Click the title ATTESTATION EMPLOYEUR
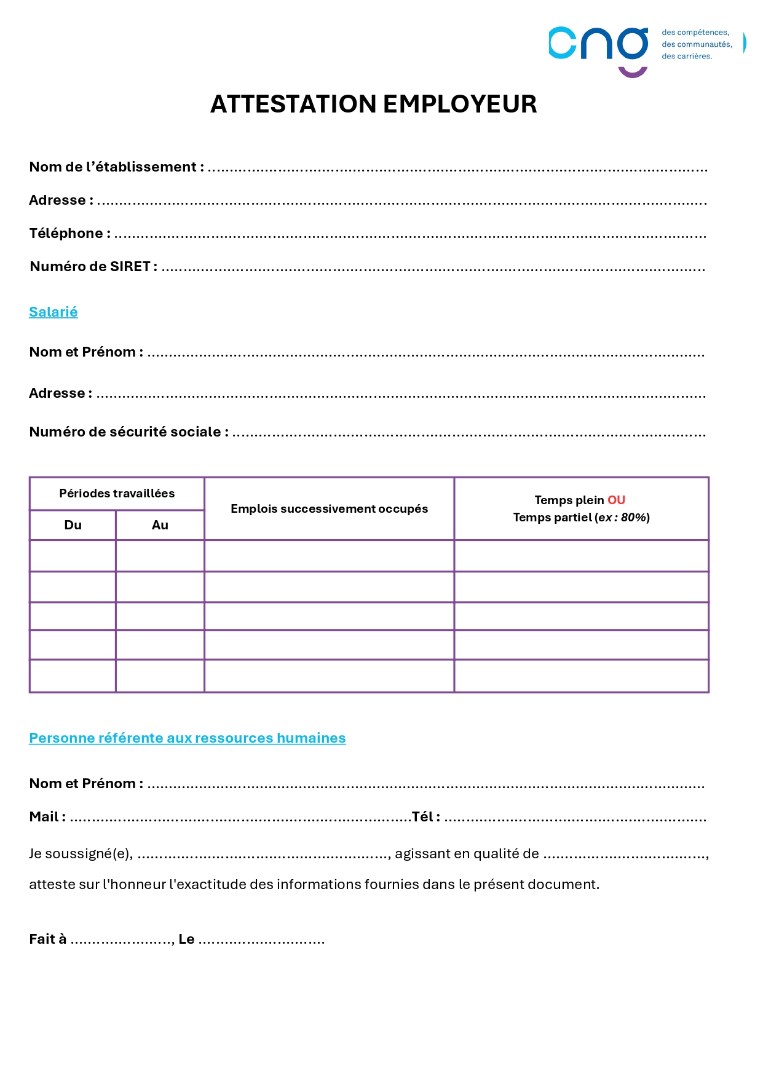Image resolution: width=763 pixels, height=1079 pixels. point(373,105)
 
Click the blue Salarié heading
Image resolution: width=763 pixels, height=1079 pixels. point(53,312)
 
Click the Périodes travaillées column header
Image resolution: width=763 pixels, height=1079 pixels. point(117,494)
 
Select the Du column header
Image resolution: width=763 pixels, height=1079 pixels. point(73,525)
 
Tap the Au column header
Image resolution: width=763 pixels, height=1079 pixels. point(160,525)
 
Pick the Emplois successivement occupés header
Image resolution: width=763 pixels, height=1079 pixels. point(329,509)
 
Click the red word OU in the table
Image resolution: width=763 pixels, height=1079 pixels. point(616,500)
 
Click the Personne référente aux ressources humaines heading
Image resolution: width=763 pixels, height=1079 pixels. point(187,738)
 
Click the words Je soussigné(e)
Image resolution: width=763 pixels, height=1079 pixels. point(81,854)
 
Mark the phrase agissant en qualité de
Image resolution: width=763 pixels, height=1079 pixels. point(467,854)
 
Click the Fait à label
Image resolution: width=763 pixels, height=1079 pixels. point(47,939)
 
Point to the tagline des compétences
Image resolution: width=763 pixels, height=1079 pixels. point(695,33)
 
